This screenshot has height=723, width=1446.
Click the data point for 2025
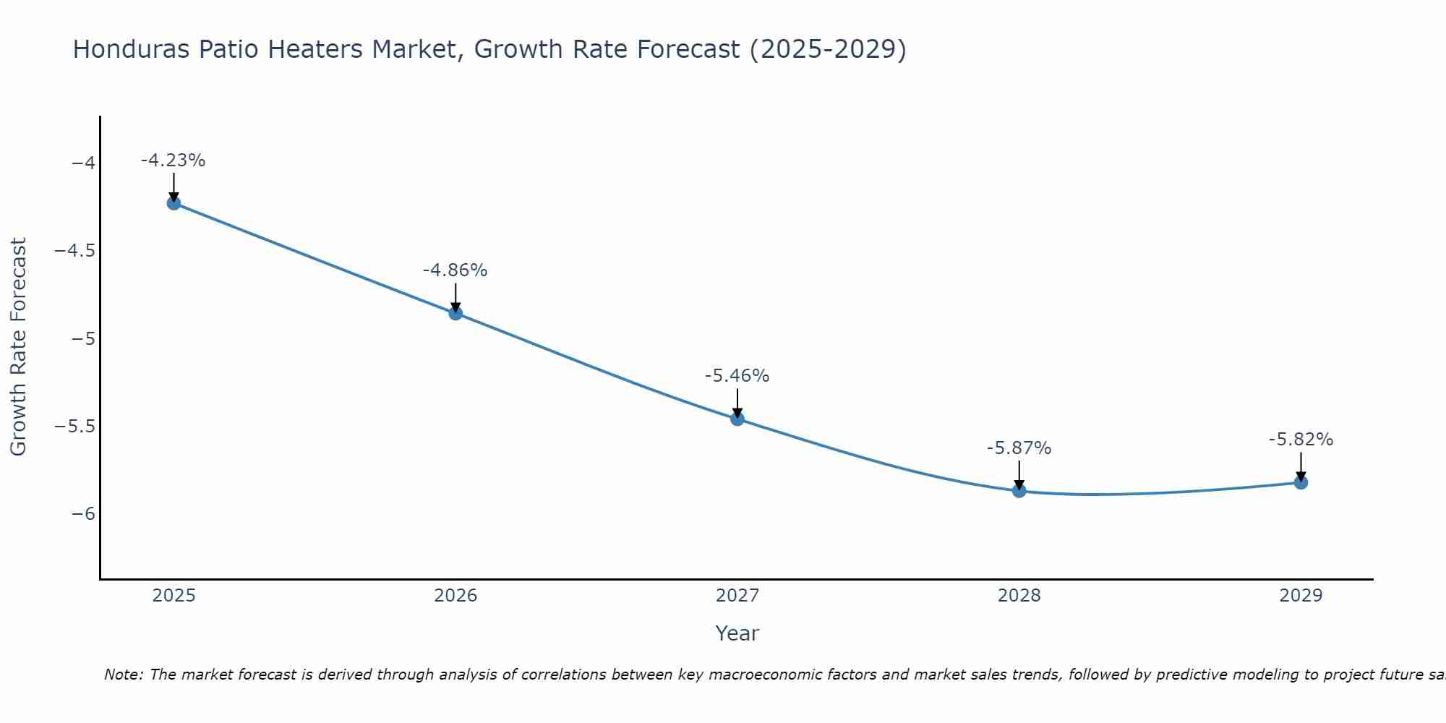click(174, 203)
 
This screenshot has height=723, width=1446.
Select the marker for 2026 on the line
click(455, 313)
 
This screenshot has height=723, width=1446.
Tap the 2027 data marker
click(737, 419)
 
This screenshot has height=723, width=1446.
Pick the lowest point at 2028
click(1019, 491)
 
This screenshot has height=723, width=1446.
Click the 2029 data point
click(1301, 482)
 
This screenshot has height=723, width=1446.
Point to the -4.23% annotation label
click(174, 161)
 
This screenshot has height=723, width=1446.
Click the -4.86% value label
click(455, 270)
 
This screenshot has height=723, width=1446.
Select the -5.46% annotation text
click(737, 376)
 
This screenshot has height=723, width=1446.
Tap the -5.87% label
click(1019, 448)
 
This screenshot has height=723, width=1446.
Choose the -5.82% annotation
click(1301, 440)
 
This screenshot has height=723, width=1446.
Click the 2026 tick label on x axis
click(455, 596)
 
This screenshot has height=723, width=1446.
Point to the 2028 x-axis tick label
click(1019, 596)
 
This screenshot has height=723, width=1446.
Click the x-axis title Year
click(737, 633)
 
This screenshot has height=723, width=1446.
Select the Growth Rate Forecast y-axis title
click(18, 347)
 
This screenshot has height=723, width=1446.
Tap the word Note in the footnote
click(123, 675)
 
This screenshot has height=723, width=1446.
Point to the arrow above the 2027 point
click(737, 403)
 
